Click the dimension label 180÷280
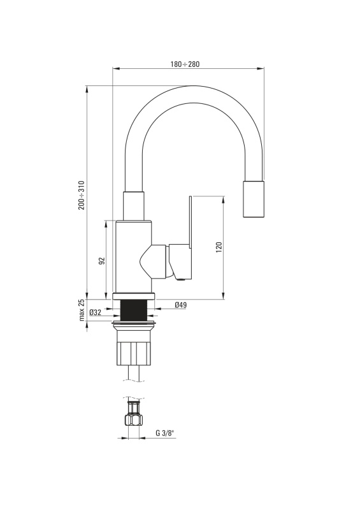click(185, 64)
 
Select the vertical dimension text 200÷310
click(82, 196)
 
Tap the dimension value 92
click(102, 261)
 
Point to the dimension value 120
click(219, 247)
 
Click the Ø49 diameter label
click(180, 305)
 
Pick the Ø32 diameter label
click(96, 312)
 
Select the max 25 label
click(82, 310)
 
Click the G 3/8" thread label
click(165, 433)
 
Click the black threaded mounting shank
click(133, 310)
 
